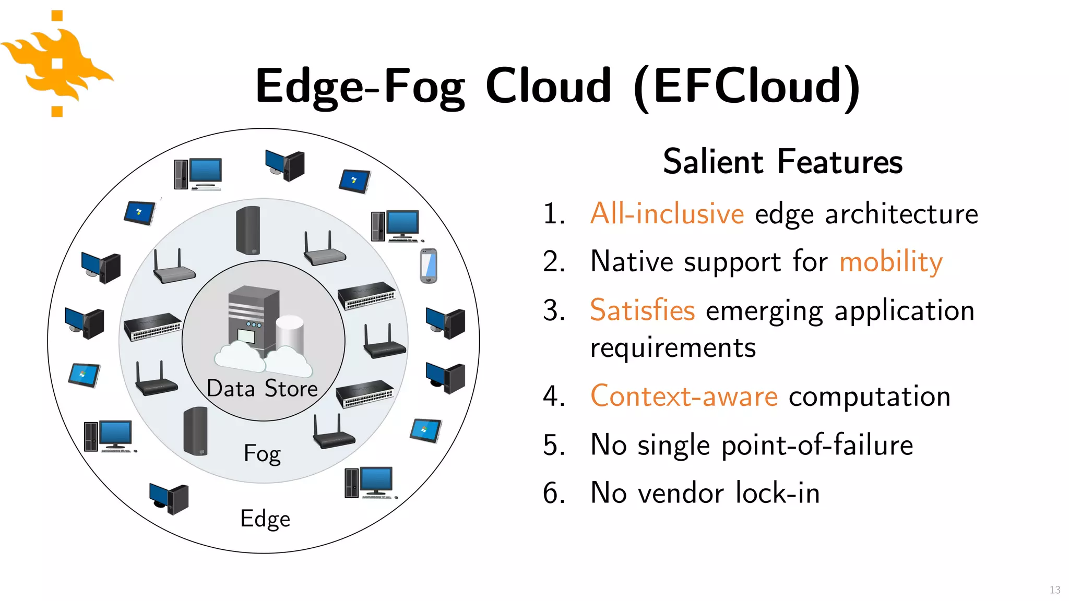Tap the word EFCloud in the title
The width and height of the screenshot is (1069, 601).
pos(746,86)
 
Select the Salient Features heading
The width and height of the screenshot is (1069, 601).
pos(782,161)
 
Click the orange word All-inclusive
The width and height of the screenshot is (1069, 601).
pos(667,213)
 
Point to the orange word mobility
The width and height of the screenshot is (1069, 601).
pos(890,261)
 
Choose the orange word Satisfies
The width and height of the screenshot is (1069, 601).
pos(642,310)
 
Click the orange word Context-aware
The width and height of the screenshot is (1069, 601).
pos(684,396)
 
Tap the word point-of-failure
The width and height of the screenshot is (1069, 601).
pos(817,445)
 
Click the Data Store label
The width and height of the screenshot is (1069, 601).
pos(262,389)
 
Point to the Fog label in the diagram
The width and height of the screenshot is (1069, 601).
pos(262,453)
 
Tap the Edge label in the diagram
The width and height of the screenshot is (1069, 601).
pos(265,519)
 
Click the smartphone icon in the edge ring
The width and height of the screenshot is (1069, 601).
pos(429,266)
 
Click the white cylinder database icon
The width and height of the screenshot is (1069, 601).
pos(290,334)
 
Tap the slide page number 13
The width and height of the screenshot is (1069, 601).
pos(1054,590)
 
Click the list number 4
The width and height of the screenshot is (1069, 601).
pos(553,396)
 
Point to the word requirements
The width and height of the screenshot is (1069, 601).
pos(673,347)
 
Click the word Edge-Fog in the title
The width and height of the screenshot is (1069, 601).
pos(360,86)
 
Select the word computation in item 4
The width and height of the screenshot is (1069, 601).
pos(869,396)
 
